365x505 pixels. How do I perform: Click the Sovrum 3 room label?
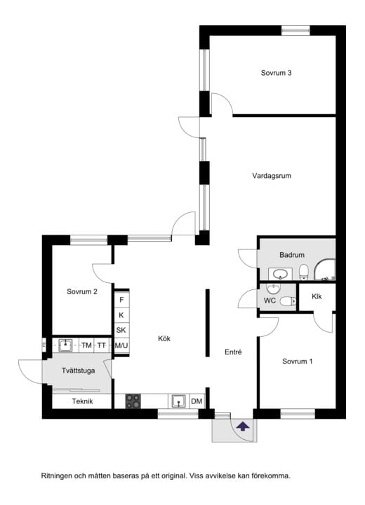tap(276, 73)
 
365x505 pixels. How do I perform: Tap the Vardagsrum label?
tap(272, 176)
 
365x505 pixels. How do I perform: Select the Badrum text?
tap(292, 255)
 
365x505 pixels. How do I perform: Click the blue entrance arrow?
tap(243, 427)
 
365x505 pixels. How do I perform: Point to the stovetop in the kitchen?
tap(133, 401)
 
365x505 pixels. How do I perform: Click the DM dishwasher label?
tap(197, 401)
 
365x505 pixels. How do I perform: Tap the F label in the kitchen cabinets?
tap(121, 300)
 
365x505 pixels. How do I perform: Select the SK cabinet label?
tap(121, 330)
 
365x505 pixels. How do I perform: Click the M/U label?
tap(121, 345)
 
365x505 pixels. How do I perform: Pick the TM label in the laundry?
tap(86, 345)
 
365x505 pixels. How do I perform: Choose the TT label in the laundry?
tap(102, 345)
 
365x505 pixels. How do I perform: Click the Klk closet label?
tap(317, 296)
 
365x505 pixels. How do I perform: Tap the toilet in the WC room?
tap(288, 301)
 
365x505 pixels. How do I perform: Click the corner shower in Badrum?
tap(325, 270)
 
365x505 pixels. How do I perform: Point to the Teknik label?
tap(82, 401)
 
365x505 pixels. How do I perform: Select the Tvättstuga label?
tap(78, 371)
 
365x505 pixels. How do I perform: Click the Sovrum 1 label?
tap(297, 361)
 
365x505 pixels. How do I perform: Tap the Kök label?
tap(164, 338)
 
